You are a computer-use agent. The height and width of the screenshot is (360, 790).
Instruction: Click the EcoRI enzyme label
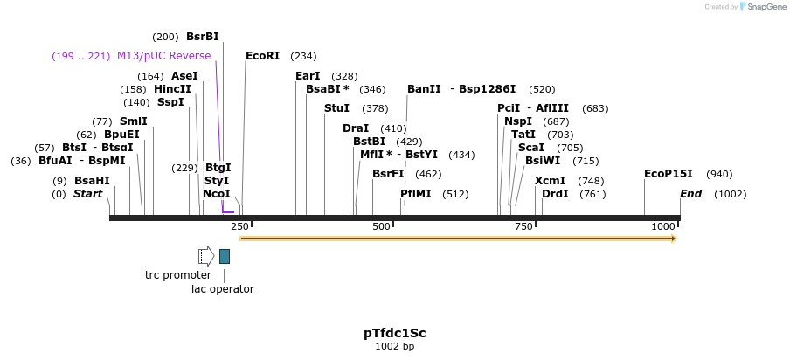(x=262, y=55)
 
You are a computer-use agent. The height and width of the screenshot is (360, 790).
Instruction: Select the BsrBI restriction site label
(x=202, y=37)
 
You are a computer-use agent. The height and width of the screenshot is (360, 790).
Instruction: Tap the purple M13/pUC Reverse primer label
(x=163, y=56)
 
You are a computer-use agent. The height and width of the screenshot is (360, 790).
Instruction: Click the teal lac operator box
(x=225, y=256)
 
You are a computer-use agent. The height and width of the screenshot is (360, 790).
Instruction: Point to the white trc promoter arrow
(x=205, y=256)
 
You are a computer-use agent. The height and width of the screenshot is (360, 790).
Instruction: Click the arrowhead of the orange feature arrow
(x=674, y=238)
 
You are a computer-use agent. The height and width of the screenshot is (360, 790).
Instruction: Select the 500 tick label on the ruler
(x=381, y=227)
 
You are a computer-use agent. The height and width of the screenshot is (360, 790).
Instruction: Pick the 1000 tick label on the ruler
(x=663, y=227)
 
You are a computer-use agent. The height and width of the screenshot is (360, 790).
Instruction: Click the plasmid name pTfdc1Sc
(x=394, y=333)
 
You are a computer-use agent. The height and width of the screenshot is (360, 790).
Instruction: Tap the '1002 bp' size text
(x=394, y=347)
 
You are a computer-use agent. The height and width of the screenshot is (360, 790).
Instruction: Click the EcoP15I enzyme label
(x=668, y=174)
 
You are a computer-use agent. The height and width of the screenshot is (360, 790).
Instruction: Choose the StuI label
(x=336, y=108)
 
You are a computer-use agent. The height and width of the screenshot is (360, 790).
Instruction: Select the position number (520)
(x=542, y=89)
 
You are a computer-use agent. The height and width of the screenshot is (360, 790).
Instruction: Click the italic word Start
(x=87, y=193)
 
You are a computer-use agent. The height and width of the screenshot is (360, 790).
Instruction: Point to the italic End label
(x=690, y=193)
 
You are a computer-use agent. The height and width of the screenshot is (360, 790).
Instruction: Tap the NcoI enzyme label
(x=216, y=193)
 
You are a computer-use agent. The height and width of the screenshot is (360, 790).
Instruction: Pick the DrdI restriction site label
(x=555, y=193)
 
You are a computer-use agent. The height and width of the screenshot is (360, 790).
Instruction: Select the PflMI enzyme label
(x=416, y=193)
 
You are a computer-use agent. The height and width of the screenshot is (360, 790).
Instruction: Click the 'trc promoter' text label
(x=178, y=274)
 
